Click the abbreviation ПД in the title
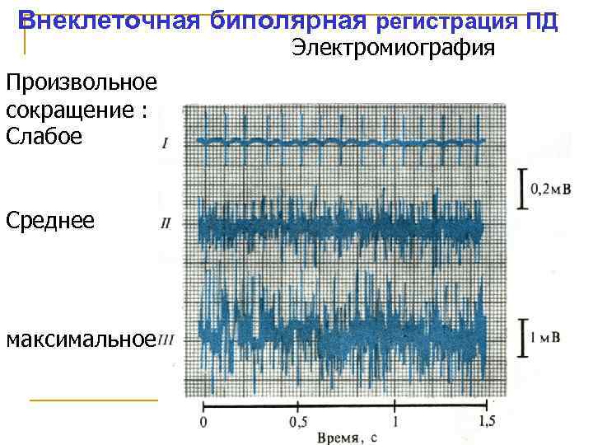543,21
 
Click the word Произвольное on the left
80,84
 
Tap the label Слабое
44,137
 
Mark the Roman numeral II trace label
166,223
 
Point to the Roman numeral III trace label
166,340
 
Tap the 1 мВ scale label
546,338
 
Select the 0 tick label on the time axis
203,423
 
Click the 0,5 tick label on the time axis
297,423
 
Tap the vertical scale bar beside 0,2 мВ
521,190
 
